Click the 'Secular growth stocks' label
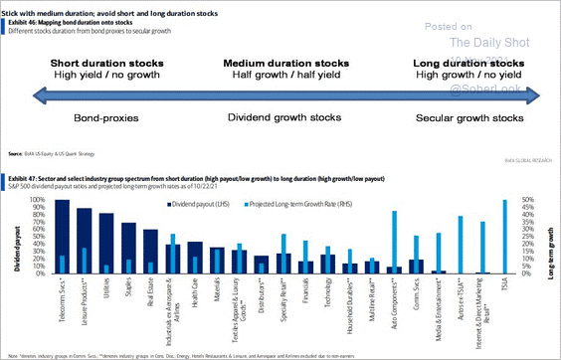point(467,117)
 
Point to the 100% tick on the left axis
point(36,200)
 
